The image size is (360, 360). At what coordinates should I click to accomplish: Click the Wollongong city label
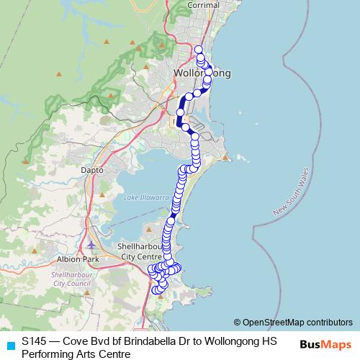tap(202, 73)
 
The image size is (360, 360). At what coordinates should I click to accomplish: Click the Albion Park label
tap(72, 259)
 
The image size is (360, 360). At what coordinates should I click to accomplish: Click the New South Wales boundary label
tap(289, 192)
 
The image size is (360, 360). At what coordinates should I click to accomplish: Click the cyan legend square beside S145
tap(9, 345)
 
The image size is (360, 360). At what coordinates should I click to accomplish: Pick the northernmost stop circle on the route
tap(199, 50)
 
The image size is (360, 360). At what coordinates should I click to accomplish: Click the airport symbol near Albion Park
tap(90, 247)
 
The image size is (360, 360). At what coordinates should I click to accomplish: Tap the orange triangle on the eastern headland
tap(226, 157)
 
